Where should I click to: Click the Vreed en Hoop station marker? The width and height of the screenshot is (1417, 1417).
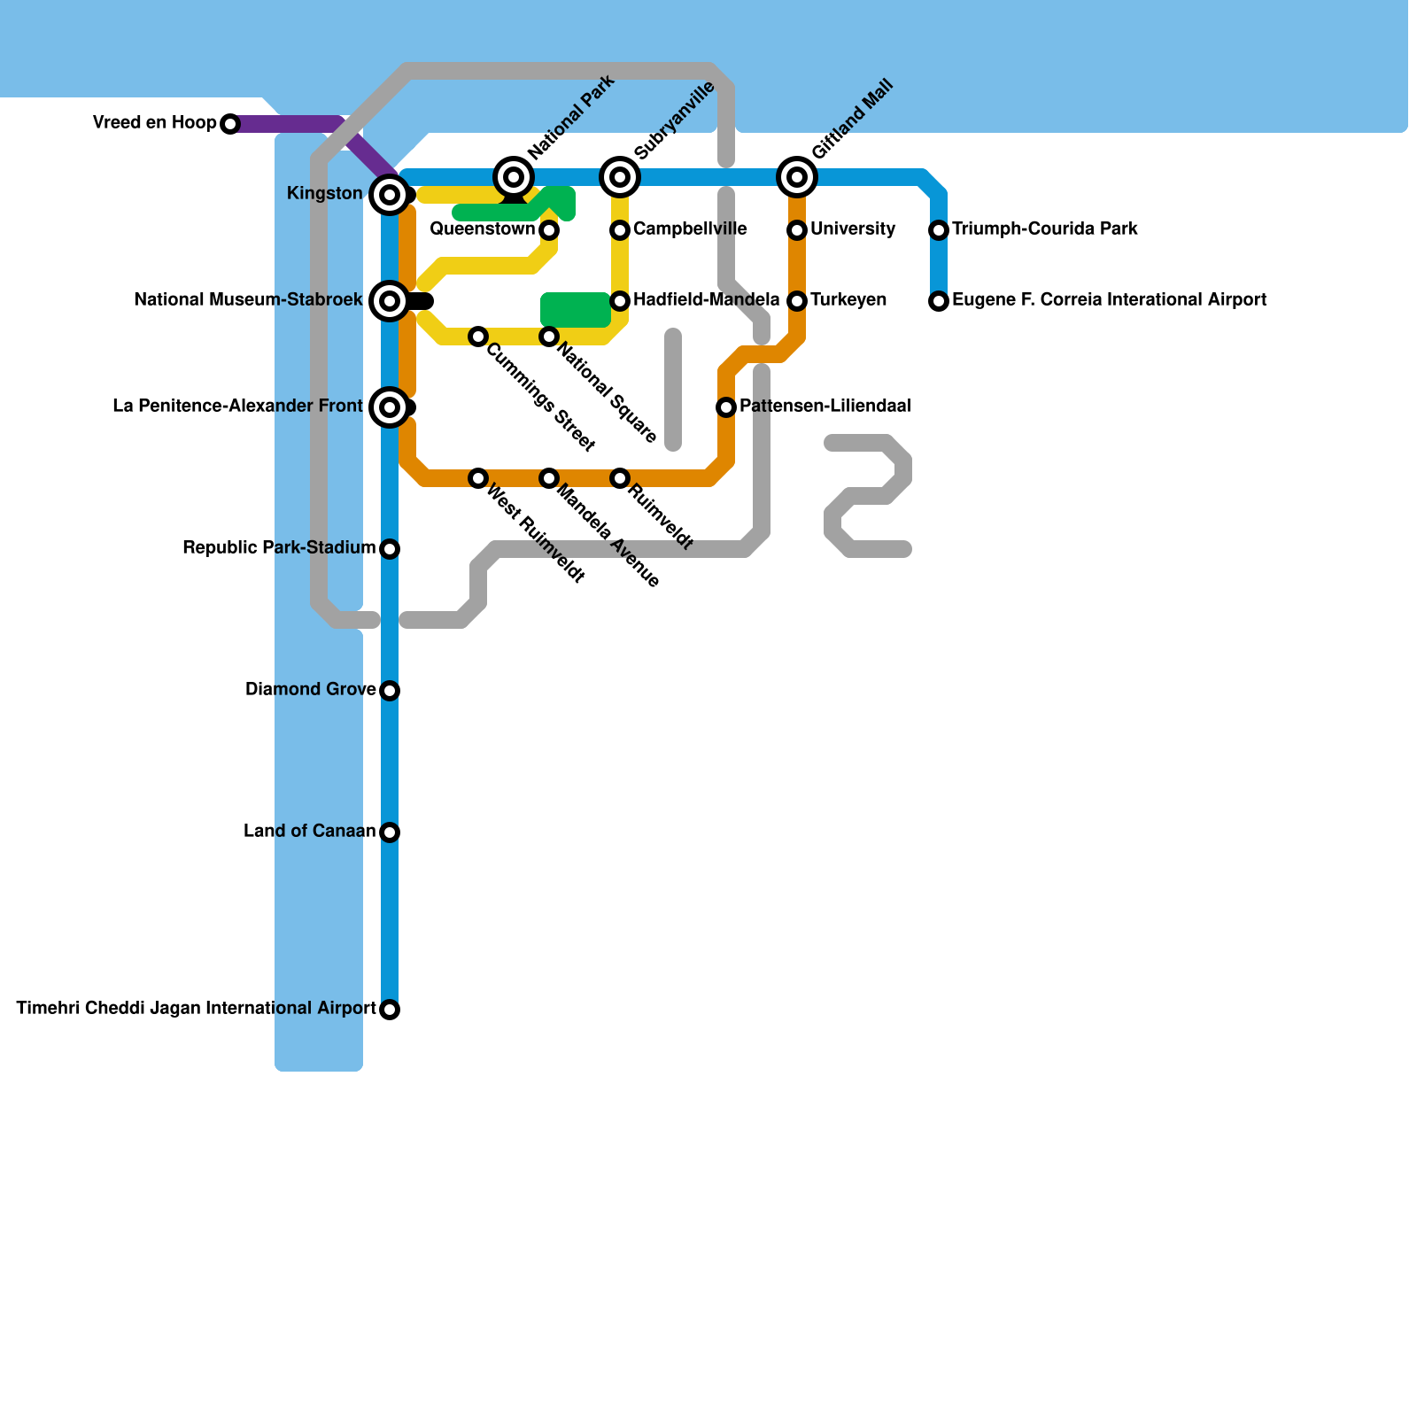point(230,124)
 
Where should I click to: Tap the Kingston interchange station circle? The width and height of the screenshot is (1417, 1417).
point(390,194)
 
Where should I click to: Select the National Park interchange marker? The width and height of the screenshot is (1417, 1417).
point(514,177)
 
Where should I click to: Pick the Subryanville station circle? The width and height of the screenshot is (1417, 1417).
point(620,177)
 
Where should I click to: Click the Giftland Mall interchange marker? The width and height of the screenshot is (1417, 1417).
point(797,177)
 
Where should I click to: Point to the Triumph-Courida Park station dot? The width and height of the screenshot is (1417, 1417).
point(939,230)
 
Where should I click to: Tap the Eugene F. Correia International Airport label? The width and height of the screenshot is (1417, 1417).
point(1109,300)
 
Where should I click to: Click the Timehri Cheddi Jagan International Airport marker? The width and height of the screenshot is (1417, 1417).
point(390,1010)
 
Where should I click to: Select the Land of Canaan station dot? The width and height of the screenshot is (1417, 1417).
point(390,832)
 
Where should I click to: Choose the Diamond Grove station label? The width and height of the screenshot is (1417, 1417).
point(310,690)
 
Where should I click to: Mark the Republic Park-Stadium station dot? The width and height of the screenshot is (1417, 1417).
point(390,549)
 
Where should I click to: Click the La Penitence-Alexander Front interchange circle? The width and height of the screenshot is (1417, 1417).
point(390,407)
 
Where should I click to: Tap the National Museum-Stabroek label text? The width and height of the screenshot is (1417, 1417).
point(248,301)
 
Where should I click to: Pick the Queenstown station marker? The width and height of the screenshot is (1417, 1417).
point(549,230)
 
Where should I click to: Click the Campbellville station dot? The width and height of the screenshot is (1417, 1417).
point(620,230)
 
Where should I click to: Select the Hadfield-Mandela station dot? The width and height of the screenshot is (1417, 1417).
point(620,301)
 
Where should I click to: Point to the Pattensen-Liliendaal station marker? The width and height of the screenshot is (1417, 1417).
point(726,407)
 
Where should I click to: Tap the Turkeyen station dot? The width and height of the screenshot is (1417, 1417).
point(797,301)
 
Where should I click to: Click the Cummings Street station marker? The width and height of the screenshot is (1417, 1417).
point(478,337)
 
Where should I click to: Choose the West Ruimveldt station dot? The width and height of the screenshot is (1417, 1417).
point(478,478)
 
